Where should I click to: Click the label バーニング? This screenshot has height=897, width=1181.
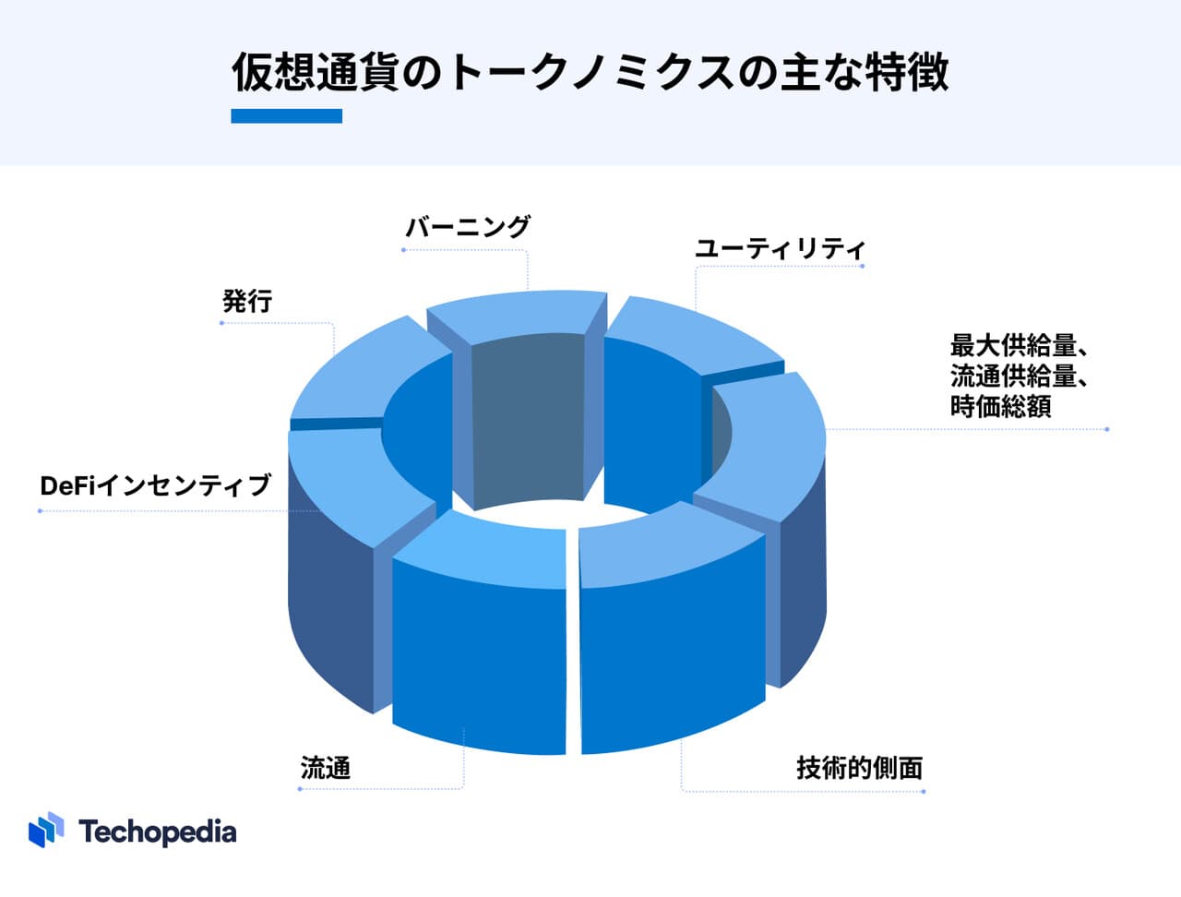click(x=468, y=226)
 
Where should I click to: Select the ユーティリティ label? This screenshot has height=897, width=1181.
click(x=780, y=249)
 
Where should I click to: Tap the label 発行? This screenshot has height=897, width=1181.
click(x=247, y=301)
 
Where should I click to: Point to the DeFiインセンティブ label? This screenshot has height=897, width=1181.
click(x=156, y=485)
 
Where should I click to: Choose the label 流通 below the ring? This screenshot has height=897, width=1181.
click(x=326, y=767)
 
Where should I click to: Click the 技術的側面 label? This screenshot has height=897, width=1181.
click(x=859, y=767)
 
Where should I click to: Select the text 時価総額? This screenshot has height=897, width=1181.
click(x=1000, y=406)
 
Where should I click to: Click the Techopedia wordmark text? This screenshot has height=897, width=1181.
click(x=158, y=831)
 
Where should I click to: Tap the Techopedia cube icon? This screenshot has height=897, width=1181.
click(x=46, y=830)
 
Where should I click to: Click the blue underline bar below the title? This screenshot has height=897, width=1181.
click(x=286, y=115)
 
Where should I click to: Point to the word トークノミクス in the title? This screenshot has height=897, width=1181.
click(x=591, y=72)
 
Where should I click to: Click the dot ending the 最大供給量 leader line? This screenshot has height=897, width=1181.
click(x=1107, y=429)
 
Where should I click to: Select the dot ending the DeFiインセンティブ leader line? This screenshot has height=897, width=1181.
click(x=41, y=510)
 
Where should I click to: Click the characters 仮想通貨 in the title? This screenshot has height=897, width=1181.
click(x=315, y=72)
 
